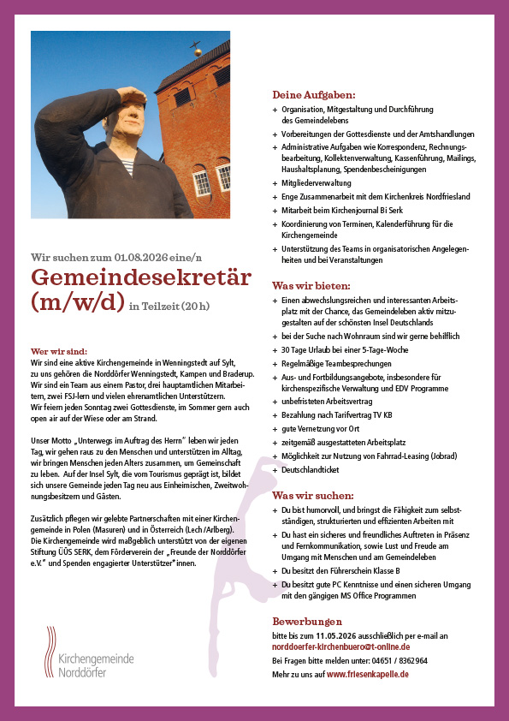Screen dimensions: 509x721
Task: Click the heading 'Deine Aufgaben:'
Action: pos(313,94)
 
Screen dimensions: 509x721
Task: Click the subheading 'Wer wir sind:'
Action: pos(59,351)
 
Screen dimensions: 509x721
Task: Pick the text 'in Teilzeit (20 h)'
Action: pos(169,306)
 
